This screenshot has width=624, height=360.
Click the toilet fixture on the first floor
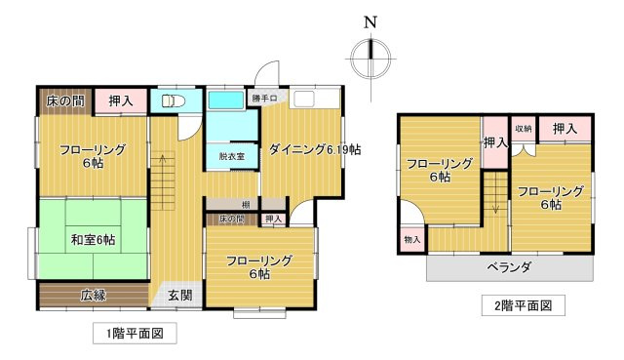tap(171, 100)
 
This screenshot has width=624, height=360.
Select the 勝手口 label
tap(265, 99)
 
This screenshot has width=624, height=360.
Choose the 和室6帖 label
tap(94, 240)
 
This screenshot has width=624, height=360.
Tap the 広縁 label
tap(95, 294)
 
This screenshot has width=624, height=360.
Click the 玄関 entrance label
tap(179, 296)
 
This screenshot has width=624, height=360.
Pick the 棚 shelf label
tap(248, 203)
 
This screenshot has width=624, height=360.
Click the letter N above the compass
tap(370, 22)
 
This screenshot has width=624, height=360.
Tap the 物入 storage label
tap(411, 239)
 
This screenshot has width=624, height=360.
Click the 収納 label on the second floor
tap(523, 129)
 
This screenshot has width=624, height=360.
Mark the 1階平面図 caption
tap(135, 334)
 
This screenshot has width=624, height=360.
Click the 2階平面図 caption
tap(510, 305)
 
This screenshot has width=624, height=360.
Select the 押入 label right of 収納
tap(565, 129)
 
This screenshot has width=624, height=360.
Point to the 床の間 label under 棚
tap(232, 220)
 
